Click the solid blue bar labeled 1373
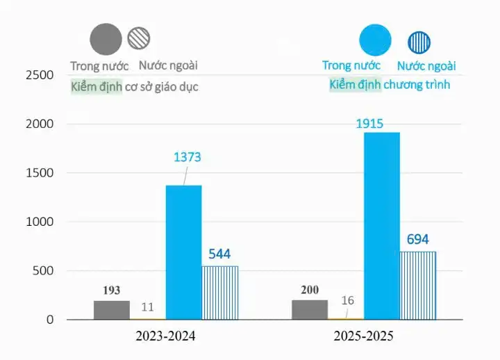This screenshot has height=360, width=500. [x=183, y=252]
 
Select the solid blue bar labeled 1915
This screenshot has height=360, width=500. [x=381, y=226]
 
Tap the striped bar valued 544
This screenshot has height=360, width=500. [x=219, y=293]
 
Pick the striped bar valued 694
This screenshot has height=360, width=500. [x=417, y=286]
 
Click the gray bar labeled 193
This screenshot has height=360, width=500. [x=112, y=310]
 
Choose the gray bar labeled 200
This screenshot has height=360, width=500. [x=310, y=310]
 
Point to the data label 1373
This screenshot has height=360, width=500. [x=187, y=157]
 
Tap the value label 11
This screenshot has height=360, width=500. [x=147, y=306]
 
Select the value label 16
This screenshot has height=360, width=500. [x=348, y=301]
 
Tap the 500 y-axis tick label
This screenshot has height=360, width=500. [x=44, y=271]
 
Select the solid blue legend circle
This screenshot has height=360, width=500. [x=375, y=40]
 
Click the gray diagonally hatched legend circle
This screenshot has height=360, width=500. [x=139, y=37]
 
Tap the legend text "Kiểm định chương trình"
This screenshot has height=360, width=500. [x=390, y=85]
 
